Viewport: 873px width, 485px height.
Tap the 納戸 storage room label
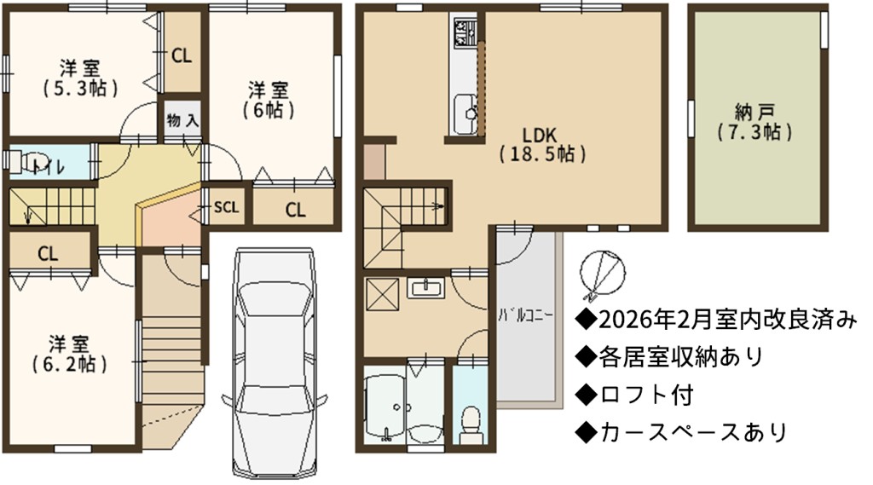coord(755,123)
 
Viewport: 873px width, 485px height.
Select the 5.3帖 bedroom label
coord(80,78)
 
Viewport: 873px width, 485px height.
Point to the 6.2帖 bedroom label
coord(69,354)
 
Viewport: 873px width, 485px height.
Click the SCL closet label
coord(227,207)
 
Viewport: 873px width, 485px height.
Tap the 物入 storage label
coord(182,120)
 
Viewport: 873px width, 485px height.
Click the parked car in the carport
coord(274,362)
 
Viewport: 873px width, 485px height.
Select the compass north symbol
coord(602,273)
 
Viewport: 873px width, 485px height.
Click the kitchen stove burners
coord(465,33)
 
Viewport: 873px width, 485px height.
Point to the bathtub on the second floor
coord(385,406)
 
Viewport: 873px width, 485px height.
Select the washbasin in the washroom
coord(426,289)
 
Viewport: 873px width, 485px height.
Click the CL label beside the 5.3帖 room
coord(182,55)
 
